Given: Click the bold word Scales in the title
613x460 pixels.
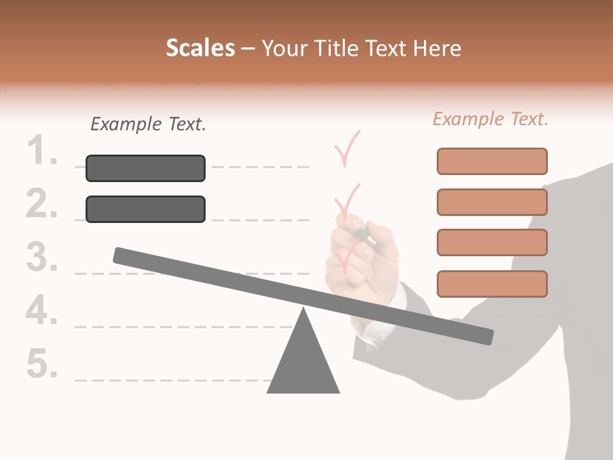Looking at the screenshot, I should [200, 48].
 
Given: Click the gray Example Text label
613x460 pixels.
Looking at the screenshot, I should [148, 124].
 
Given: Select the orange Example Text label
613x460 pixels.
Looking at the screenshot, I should [490, 119].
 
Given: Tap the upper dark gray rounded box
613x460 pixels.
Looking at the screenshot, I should [146, 168].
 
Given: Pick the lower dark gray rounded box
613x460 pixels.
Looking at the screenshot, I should [146, 209].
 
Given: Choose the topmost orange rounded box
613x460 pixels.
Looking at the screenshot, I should [492, 161].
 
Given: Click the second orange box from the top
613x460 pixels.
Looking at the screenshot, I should [492, 202].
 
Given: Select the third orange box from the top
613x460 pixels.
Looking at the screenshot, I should [492, 243].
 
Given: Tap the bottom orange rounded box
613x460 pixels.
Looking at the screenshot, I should [492, 284].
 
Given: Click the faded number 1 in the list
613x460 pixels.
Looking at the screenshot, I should [43, 152].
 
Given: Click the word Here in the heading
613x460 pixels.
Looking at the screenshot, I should [437, 48].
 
